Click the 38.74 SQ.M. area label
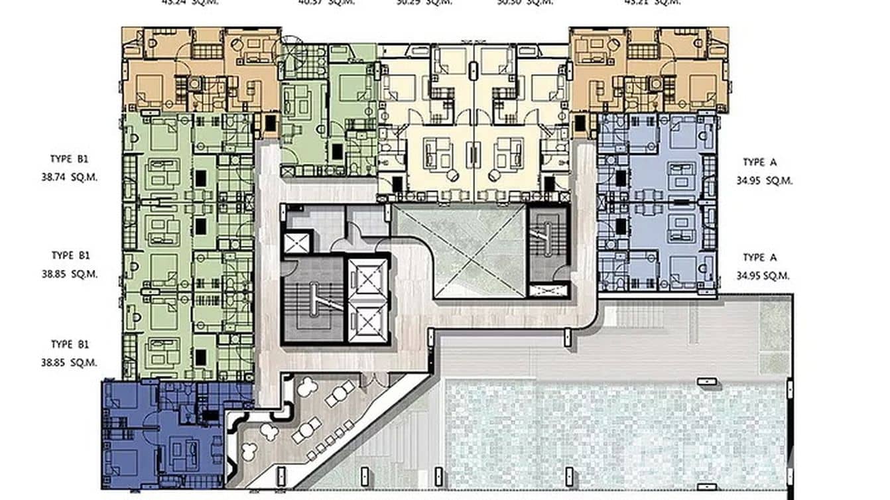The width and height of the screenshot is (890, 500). coord(69,178)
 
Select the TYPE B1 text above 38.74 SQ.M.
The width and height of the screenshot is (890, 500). coord(69,159)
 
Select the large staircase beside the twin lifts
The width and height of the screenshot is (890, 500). coord(312,302)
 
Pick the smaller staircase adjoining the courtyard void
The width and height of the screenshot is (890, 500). coord(547,242)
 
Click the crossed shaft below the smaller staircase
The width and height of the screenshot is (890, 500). coord(548,290)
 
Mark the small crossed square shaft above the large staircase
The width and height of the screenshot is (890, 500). coord(297,242)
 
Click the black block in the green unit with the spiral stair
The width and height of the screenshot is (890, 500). coord(337,151)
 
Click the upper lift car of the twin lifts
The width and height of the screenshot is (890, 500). coord(366,275)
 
